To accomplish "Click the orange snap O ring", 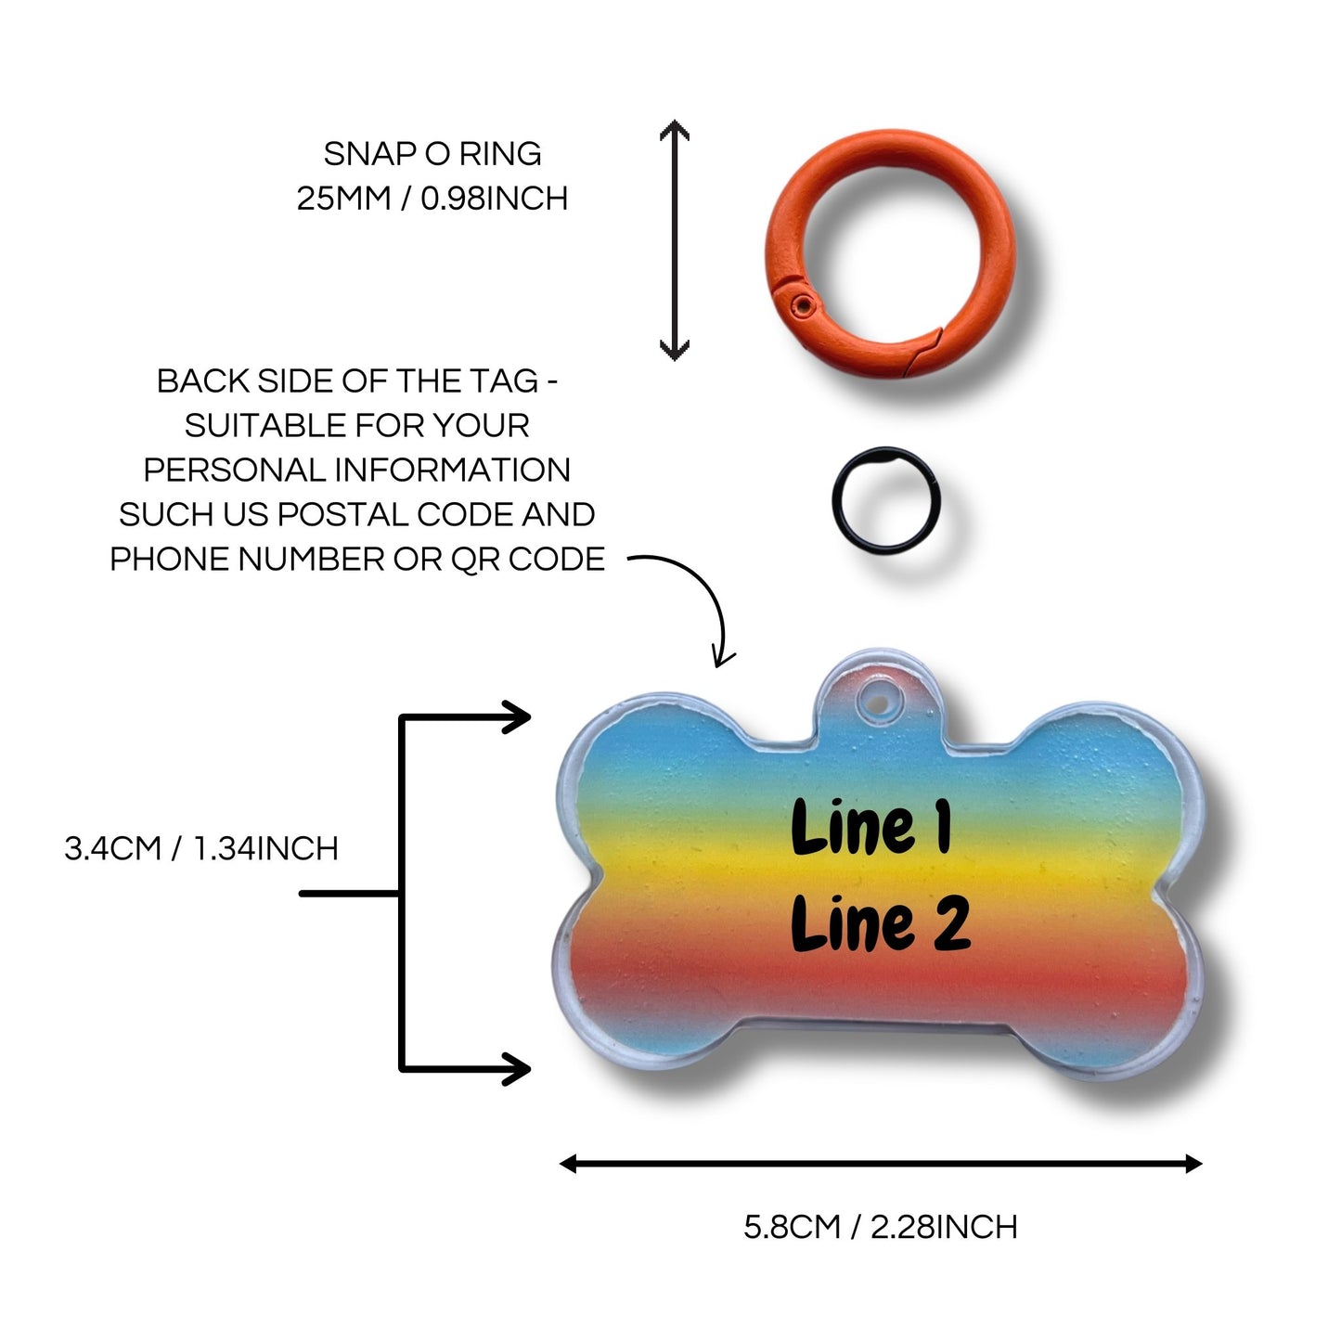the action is tap(890, 253).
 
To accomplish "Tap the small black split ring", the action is tap(886, 500).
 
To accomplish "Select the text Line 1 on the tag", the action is tap(871, 827).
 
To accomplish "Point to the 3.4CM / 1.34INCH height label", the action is tap(201, 848).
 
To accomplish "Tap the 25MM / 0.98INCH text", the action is tap(432, 199).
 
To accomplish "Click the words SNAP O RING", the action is tap(432, 154).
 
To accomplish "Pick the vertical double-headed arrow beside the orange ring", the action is tap(675, 240).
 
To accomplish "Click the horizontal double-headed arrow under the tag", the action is tap(881, 1163).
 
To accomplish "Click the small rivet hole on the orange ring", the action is tap(805, 304).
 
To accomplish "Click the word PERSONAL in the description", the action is tap(235, 470).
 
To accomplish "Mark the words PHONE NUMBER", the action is tap(247, 559).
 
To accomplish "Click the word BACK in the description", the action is tap(202, 380).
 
